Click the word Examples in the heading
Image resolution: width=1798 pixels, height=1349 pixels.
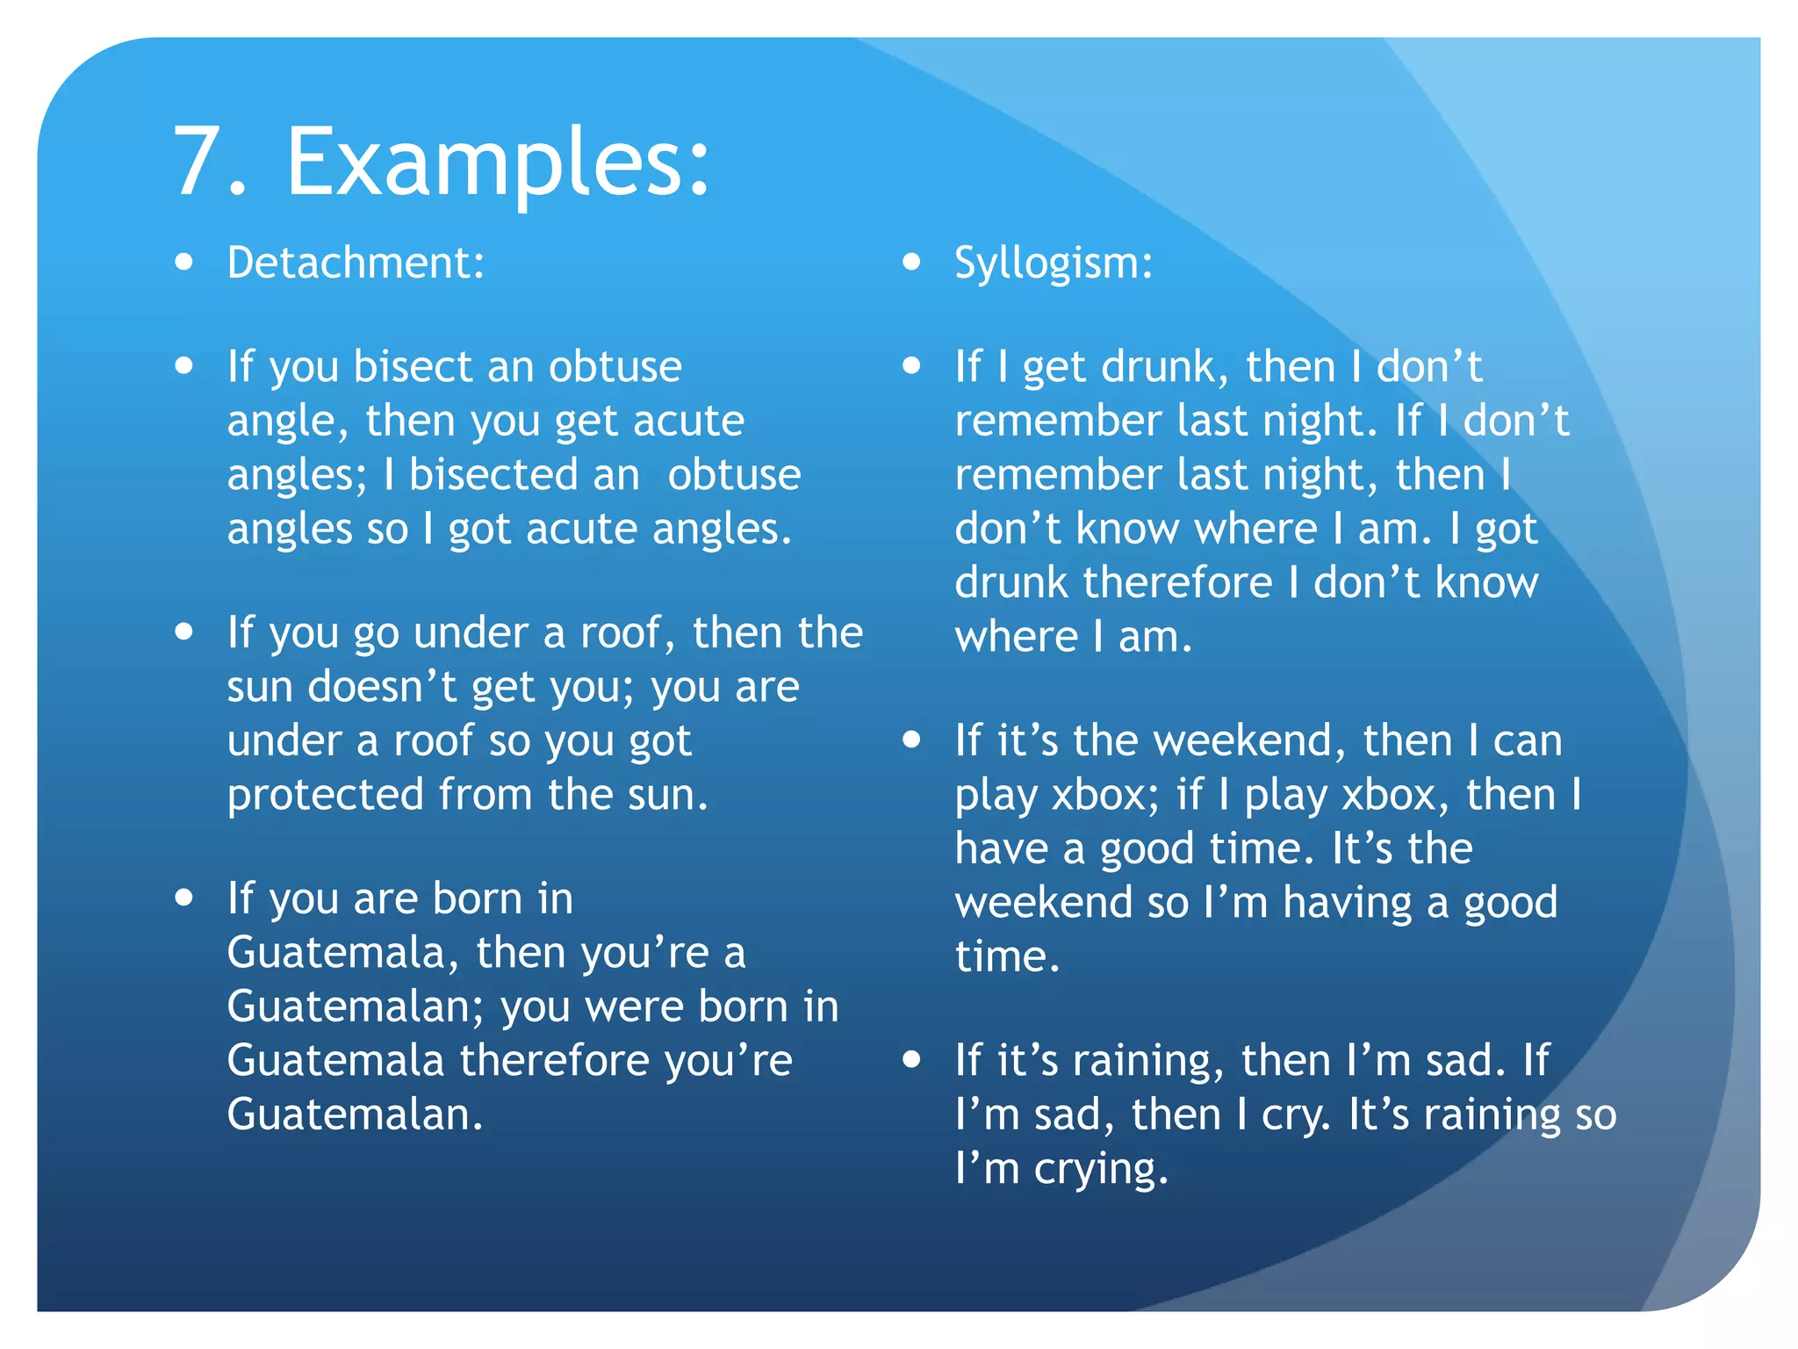pyautogui.click(x=497, y=162)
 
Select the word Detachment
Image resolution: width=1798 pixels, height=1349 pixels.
pyautogui.click(x=355, y=263)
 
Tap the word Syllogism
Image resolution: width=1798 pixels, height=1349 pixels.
pyautogui.click(x=1053, y=263)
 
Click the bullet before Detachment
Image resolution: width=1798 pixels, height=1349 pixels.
pyautogui.click(x=183, y=262)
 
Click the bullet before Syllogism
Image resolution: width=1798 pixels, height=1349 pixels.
pyautogui.click(x=912, y=262)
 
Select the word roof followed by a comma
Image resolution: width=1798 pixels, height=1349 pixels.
pyautogui.click(x=626, y=633)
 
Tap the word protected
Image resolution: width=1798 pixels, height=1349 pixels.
pyautogui.click(x=326, y=795)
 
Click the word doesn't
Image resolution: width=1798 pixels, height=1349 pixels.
pyautogui.click(x=382, y=687)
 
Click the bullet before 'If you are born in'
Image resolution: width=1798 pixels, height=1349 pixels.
pyautogui.click(x=183, y=897)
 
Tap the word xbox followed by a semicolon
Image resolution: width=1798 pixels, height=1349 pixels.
pyautogui.click(x=1104, y=795)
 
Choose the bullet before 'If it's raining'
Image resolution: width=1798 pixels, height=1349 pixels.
pyautogui.click(x=912, y=1059)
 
